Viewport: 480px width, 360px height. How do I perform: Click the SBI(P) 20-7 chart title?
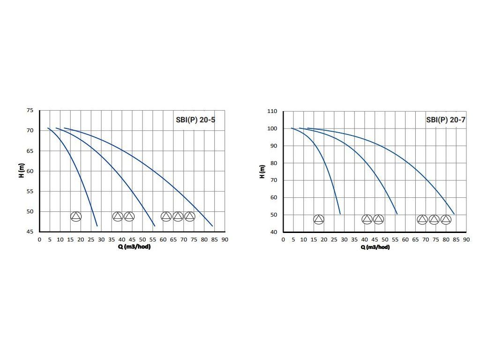point(446,120)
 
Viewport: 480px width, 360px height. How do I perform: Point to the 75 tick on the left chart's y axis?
point(30,111)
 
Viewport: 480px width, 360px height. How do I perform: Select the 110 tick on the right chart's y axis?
point(272,112)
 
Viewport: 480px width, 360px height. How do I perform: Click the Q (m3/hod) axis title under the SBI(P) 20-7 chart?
point(375,247)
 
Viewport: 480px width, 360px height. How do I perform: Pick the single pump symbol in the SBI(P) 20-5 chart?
point(76,216)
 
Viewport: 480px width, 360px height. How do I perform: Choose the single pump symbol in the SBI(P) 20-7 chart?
point(319,219)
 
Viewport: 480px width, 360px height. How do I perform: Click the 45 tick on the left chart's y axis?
point(30,232)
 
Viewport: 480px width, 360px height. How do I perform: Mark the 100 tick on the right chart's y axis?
point(272,128)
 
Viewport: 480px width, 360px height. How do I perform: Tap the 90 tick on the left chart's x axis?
point(225,240)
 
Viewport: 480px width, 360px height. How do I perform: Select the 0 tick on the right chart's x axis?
point(283,240)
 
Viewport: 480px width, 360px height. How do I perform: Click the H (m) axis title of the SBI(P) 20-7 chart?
point(262,171)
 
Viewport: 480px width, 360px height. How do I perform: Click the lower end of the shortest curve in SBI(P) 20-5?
point(97,226)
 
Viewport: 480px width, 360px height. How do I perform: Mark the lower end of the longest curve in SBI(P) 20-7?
point(454,214)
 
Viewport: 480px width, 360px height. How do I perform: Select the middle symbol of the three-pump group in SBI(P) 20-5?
point(178,216)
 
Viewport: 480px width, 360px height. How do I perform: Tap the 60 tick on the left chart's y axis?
point(30,171)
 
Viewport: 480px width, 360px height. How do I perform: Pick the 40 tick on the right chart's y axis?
point(274,232)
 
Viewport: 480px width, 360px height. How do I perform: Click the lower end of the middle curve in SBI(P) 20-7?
point(397,214)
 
